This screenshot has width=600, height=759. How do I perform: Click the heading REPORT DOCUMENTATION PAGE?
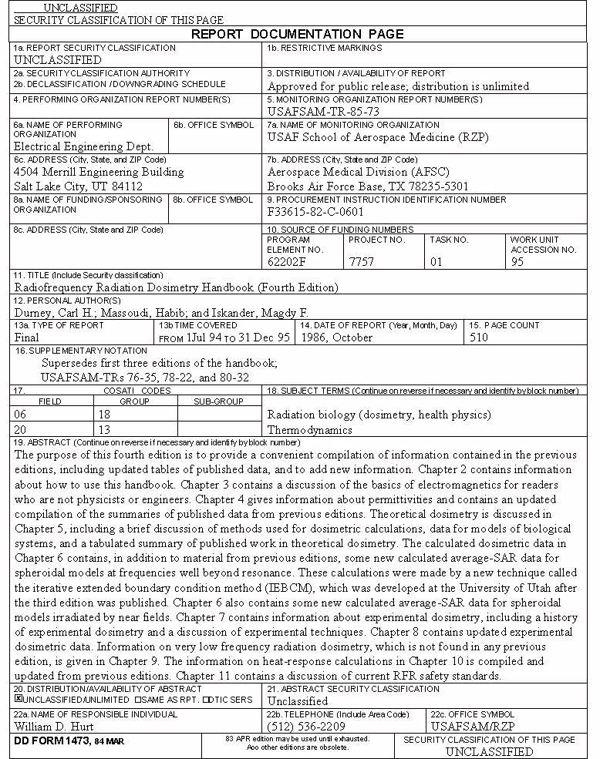(x=297, y=34)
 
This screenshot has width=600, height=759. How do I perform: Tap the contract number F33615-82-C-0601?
(x=315, y=212)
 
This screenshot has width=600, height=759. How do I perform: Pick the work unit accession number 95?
(x=517, y=262)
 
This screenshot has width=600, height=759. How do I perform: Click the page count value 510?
(x=478, y=337)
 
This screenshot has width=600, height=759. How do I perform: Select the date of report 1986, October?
(x=336, y=337)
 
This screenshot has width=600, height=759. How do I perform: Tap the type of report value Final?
(x=27, y=337)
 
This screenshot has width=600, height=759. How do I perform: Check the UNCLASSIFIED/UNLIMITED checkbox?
(x=19, y=700)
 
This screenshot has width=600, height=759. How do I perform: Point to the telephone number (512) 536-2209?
(x=306, y=726)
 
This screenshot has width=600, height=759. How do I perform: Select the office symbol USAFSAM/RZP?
(x=471, y=726)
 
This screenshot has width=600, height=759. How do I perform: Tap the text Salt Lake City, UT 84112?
(x=78, y=186)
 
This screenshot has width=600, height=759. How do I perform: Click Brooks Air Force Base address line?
(x=367, y=186)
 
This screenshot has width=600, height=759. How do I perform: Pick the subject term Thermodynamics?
(x=309, y=430)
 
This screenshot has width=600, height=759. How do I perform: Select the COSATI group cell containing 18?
(x=104, y=415)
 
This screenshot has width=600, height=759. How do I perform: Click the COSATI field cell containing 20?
(x=20, y=429)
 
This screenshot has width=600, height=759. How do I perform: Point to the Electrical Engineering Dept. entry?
(x=84, y=146)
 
